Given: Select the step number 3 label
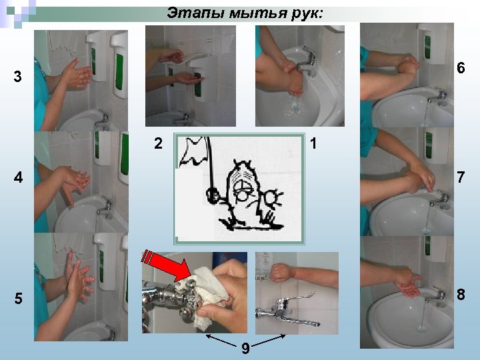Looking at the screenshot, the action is tap(18, 76).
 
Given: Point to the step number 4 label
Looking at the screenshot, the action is tap(18, 177).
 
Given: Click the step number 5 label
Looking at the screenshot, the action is tap(19, 299).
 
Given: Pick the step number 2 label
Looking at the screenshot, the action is tap(158, 143).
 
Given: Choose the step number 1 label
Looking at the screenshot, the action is tap(313, 143).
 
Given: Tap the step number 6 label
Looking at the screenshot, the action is tap(461, 67).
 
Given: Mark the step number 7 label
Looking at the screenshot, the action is tap(461, 177).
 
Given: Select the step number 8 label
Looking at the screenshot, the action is tap(461, 294).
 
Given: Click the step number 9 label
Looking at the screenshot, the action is tap(245, 348).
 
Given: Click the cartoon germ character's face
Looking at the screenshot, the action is tap(243, 187).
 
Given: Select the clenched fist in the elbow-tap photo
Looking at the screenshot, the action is tap(281, 272).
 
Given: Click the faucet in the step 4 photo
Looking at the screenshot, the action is tap(105, 208).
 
